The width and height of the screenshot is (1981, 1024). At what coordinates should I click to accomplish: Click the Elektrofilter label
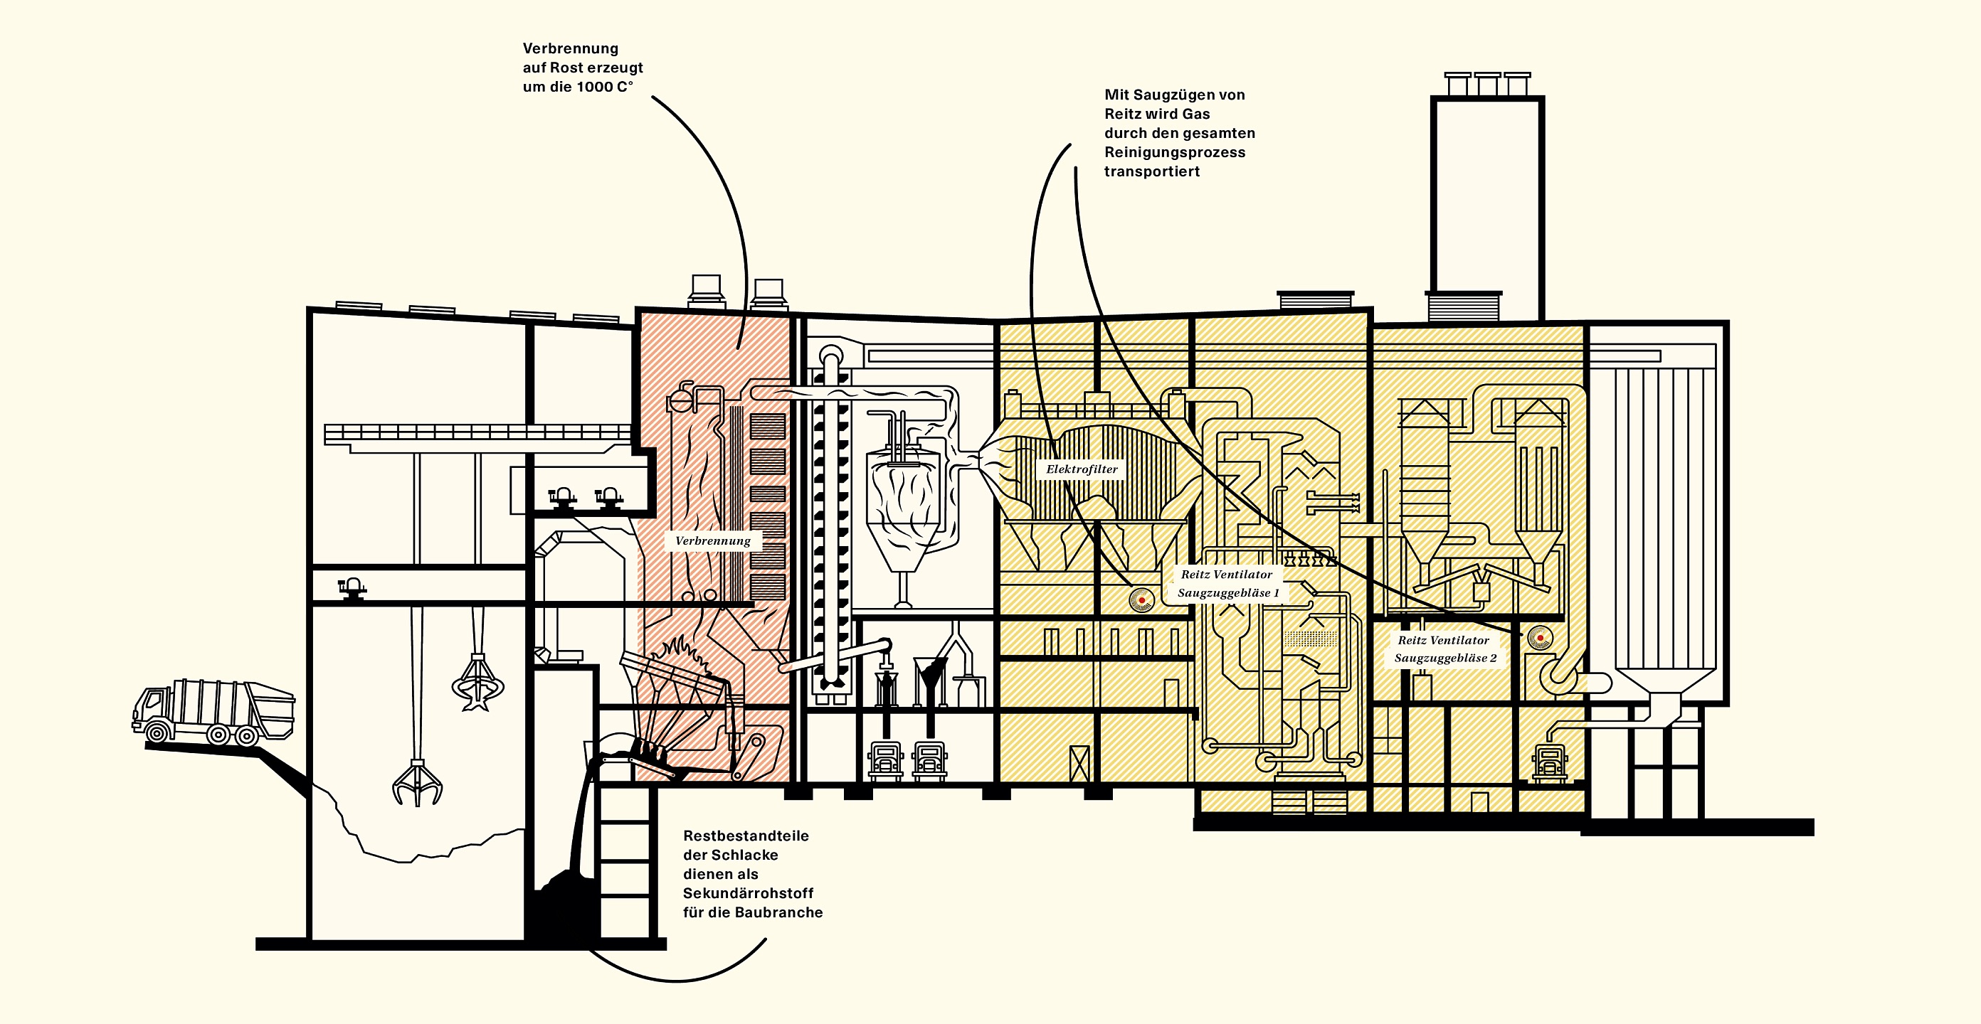click(1082, 469)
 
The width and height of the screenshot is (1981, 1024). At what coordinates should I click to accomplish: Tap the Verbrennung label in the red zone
click(713, 540)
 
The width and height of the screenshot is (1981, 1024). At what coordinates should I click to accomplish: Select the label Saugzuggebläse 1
click(1228, 593)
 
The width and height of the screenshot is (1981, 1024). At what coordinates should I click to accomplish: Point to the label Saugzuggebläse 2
click(1446, 658)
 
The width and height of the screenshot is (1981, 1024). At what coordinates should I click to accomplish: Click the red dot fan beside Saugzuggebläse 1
click(1142, 599)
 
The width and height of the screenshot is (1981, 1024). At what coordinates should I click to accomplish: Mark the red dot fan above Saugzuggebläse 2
click(1541, 638)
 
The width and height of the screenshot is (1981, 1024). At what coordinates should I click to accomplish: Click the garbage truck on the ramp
click(213, 712)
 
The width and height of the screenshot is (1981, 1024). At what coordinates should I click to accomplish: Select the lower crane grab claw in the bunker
click(418, 783)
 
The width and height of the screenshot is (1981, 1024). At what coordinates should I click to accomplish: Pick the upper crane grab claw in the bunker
click(477, 681)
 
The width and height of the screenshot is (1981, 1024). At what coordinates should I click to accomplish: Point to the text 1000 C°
click(606, 87)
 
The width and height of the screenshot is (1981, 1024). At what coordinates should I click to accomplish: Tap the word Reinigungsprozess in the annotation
click(1175, 152)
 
